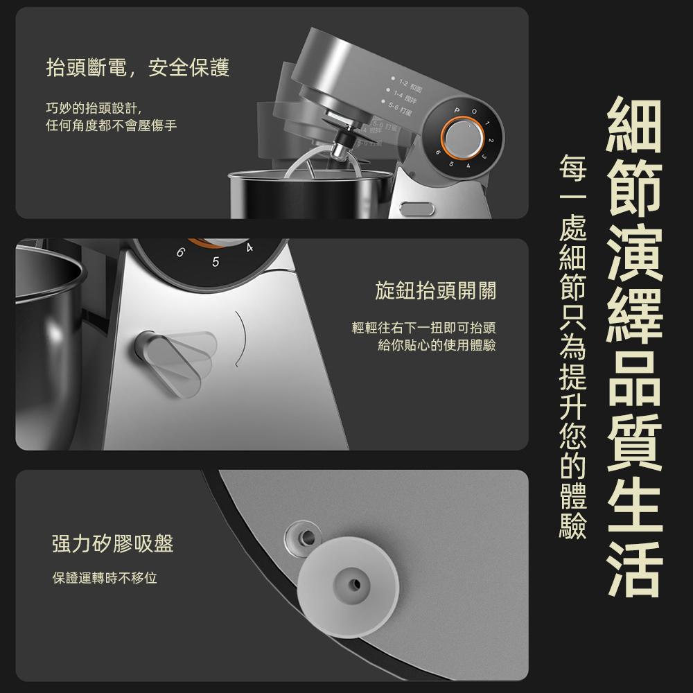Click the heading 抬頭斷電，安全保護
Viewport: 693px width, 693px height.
[137, 67]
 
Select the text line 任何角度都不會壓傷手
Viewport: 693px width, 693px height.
[111, 127]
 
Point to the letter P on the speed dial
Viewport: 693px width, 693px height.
[457, 112]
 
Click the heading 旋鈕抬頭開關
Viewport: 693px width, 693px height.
[435, 292]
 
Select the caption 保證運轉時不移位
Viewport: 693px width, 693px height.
[105, 577]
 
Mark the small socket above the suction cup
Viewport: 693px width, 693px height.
[304, 534]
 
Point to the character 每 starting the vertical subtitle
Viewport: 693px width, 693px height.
[572, 167]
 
